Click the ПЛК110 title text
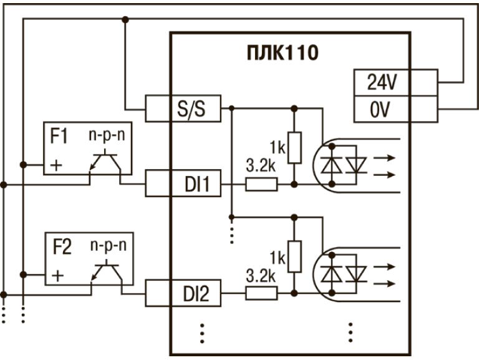(282, 52)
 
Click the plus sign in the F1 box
(57, 165)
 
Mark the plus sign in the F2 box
(57, 275)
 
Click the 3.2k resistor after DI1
(261, 185)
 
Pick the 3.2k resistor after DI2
(261, 293)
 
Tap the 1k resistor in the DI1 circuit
(292, 147)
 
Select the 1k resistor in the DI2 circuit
(292, 255)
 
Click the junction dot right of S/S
(231, 109)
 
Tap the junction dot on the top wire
(125, 19)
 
